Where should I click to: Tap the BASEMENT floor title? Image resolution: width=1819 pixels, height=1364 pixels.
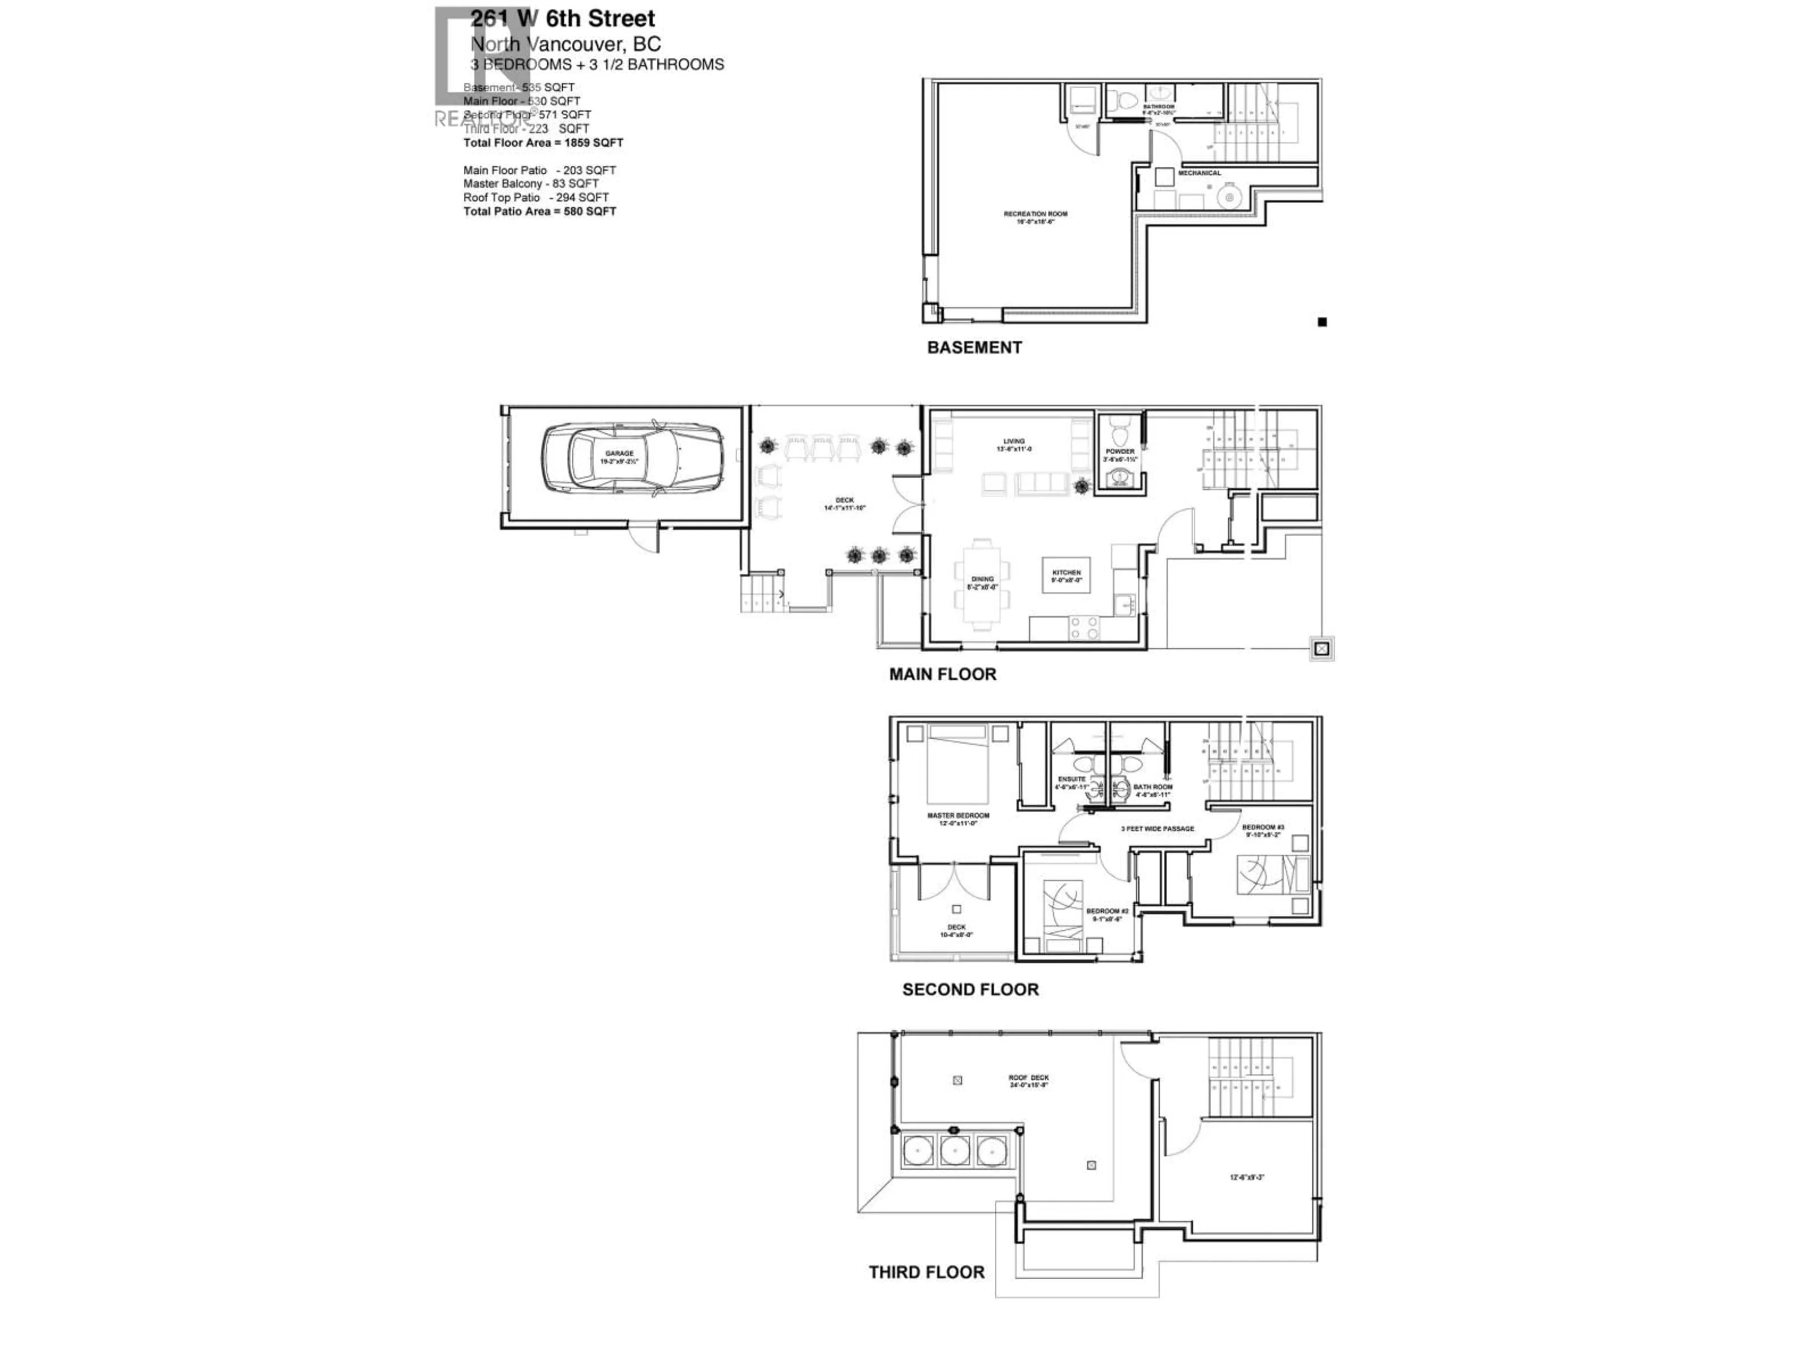tap(974, 348)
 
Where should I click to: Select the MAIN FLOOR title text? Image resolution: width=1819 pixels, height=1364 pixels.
tap(942, 674)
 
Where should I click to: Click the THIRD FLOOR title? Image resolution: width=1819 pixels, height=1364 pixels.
tap(926, 1272)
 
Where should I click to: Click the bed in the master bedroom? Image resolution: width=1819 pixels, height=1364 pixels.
tap(957, 764)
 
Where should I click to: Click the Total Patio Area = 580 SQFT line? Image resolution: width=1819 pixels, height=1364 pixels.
tap(540, 211)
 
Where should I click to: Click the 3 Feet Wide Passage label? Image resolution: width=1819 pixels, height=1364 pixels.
tap(1157, 829)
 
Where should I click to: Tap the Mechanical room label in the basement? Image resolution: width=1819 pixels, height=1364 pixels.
tap(1199, 173)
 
